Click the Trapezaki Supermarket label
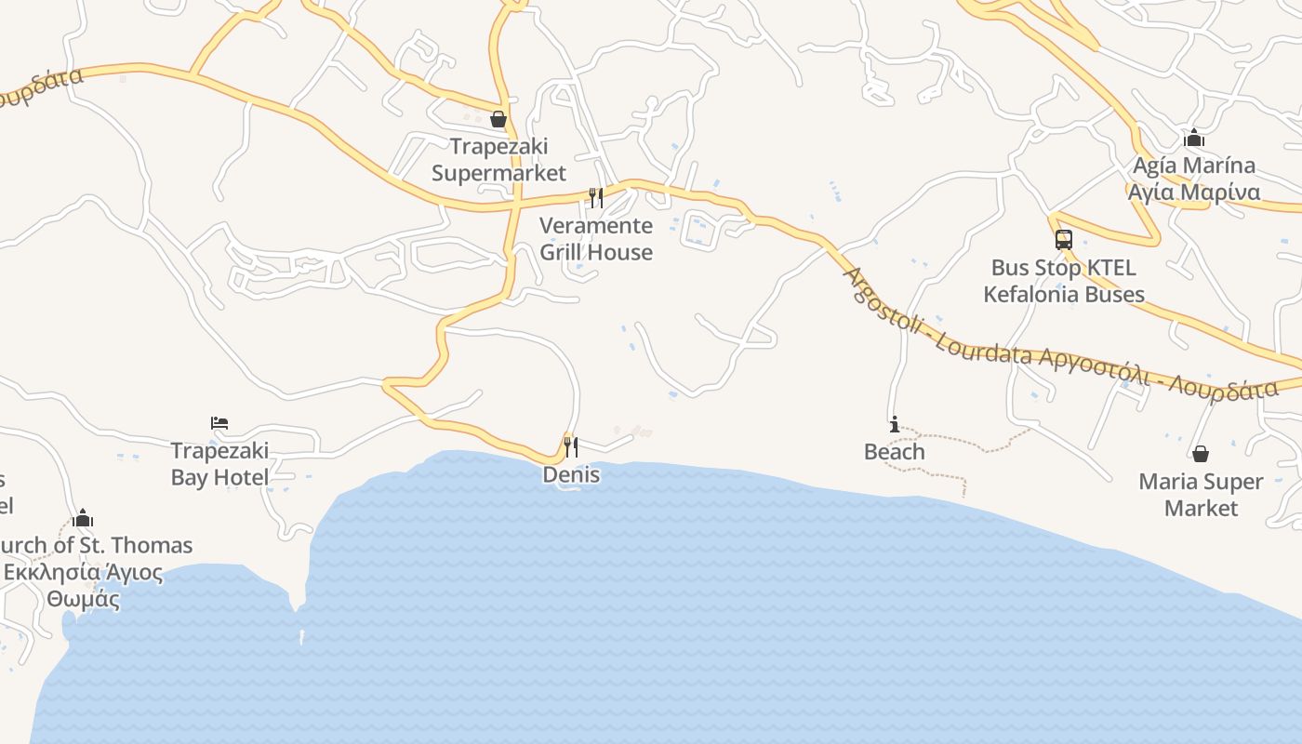point(498,160)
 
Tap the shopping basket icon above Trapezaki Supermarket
point(498,119)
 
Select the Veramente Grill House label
point(596,239)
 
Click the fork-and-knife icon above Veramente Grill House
point(595,197)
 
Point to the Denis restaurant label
point(571,475)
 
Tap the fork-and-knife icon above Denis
point(570,446)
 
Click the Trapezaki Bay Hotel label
point(219,464)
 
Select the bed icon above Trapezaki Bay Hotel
point(219,423)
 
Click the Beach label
point(895,452)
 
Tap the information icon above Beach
point(895,425)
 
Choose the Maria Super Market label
point(1201,495)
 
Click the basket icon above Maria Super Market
point(1201,454)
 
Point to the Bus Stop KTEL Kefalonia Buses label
point(1063,281)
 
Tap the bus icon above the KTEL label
point(1064,240)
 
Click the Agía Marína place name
point(1194,166)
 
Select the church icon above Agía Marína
point(1194,139)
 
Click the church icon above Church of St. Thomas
point(83,518)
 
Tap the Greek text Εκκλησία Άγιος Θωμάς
point(83,585)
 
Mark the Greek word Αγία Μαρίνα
point(1194,193)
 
